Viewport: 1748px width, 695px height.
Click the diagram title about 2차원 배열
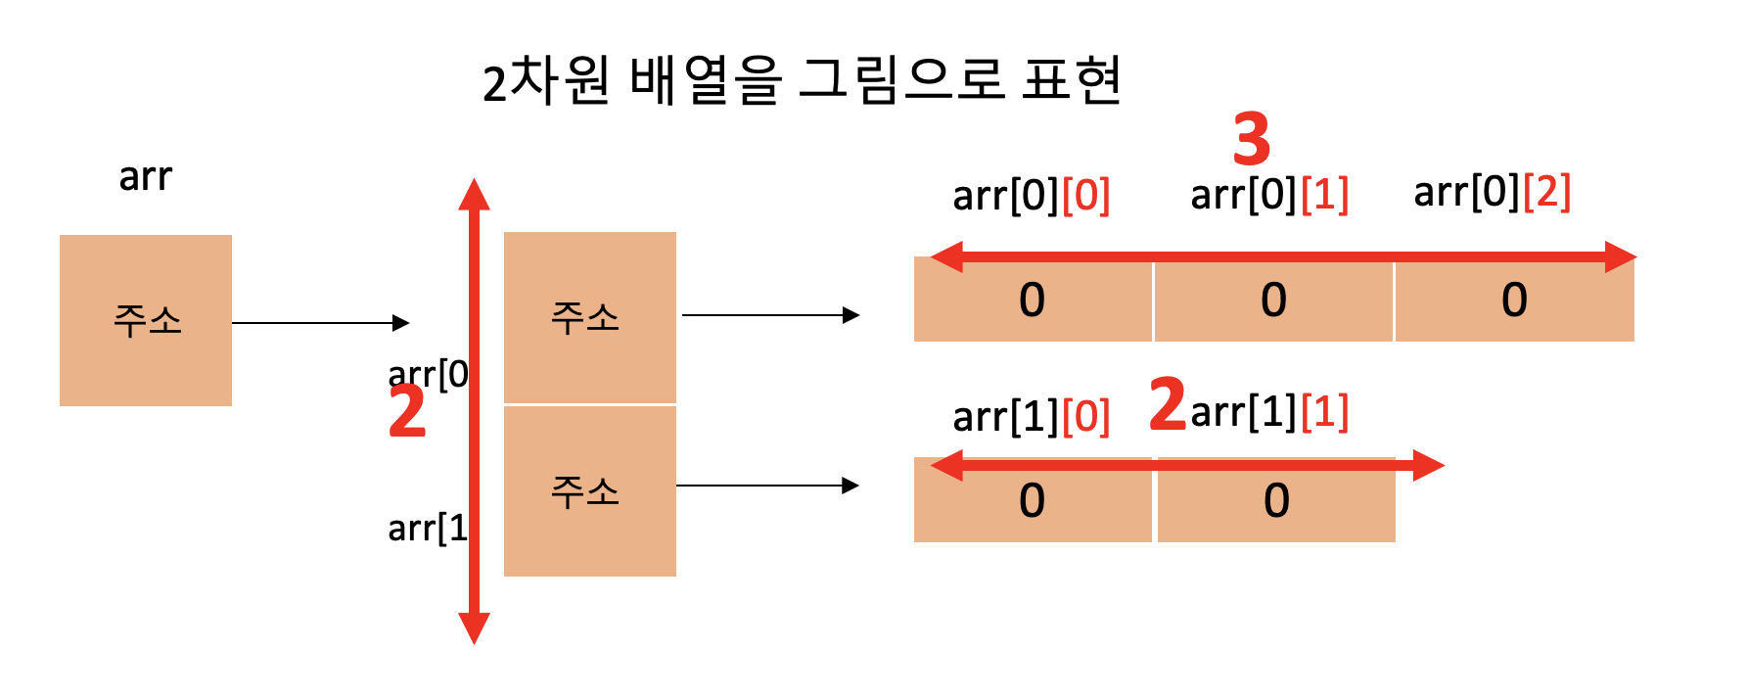(x=801, y=80)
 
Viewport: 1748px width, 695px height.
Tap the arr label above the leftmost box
(x=145, y=177)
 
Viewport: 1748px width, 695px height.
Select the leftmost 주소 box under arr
(x=146, y=320)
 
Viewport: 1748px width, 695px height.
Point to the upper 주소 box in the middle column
(x=589, y=317)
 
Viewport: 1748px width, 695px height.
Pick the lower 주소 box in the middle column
(x=589, y=490)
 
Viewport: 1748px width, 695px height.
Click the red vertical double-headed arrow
(x=475, y=411)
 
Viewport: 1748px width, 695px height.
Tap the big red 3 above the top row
(x=1252, y=139)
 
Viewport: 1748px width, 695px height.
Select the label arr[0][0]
(x=1031, y=196)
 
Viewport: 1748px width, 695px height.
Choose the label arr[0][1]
(x=1269, y=195)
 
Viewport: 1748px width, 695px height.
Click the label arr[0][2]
(x=1492, y=192)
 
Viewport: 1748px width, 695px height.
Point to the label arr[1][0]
(x=1031, y=417)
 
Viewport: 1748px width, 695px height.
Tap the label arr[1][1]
(x=1269, y=411)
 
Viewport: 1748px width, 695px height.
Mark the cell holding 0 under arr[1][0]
(x=1032, y=503)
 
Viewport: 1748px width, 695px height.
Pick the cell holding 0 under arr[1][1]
(x=1276, y=503)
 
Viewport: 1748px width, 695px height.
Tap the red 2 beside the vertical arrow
(x=407, y=411)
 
